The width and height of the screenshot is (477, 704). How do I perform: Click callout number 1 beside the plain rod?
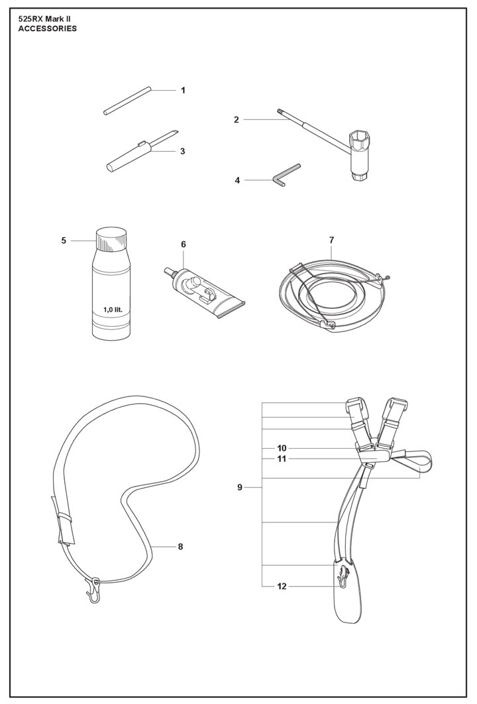tap(183, 90)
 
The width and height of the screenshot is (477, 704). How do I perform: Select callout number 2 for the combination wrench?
tap(237, 119)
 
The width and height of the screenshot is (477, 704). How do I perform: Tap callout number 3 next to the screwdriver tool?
tap(183, 151)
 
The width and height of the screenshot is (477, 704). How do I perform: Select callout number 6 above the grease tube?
tap(183, 245)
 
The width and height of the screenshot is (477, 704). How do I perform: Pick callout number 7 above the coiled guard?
tap(331, 240)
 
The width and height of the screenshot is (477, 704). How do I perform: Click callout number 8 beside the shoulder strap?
tap(180, 547)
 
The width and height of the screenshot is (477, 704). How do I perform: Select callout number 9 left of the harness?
tap(240, 487)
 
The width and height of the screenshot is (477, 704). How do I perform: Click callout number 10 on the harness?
tap(282, 448)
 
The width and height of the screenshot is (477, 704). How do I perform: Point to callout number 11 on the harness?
tap(282, 459)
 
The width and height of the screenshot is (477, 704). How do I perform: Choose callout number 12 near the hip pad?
tap(282, 587)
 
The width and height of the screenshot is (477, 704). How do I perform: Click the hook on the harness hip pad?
tap(343, 576)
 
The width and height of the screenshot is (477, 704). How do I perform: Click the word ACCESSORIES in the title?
tap(47, 29)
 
